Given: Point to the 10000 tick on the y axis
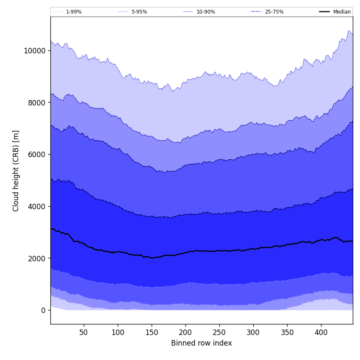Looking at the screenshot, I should tap(35, 50).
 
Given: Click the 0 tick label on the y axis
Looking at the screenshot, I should tap(43, 310).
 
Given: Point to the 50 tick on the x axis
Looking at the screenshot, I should tap(84, 332).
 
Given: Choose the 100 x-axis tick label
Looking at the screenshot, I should tap(118, 332).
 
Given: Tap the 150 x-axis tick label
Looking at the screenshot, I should tap(152, 332).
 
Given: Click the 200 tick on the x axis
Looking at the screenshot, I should tap(186, 332).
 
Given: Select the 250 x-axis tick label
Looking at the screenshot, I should tap(219, 332).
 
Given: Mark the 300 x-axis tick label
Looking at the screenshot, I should tap(253, 332).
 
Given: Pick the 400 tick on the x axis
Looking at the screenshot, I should tap(321, 332).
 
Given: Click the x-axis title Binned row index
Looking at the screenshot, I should tap(202, 343).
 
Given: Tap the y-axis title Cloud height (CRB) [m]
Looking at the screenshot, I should tap(16, 171).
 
